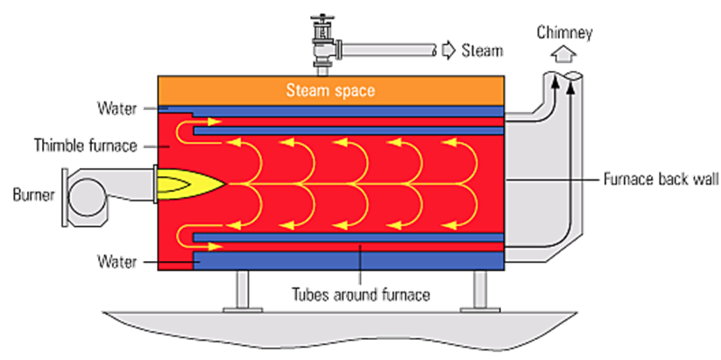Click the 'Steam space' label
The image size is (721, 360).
[x=330, y=89]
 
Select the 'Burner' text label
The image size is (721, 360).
[x=32, y=194]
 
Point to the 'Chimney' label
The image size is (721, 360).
[x=564, y=34]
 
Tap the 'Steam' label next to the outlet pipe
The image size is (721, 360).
[x=483, y=51]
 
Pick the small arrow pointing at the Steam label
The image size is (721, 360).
[x=447, y=51]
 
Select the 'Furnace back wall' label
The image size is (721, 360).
[x=659, y=179]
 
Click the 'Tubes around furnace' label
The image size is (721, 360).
[x=360, y=294]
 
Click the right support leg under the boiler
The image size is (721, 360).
[x=480, y=290]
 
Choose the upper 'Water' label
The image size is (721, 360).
[x=118, y=109]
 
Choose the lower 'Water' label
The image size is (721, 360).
[x=118, y=260]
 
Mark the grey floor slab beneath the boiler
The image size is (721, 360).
[x=350, y=328]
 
